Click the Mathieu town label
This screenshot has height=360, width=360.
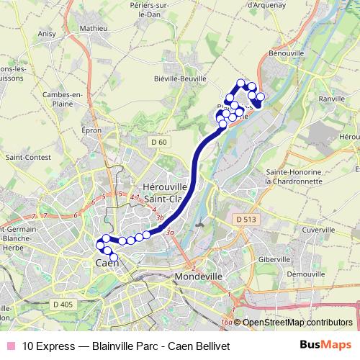[x=93, y=28]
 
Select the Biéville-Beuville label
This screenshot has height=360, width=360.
[x=179, y=79]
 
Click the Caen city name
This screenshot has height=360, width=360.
[x=107, y=263]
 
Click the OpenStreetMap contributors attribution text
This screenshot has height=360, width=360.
[x=297, y=323]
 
